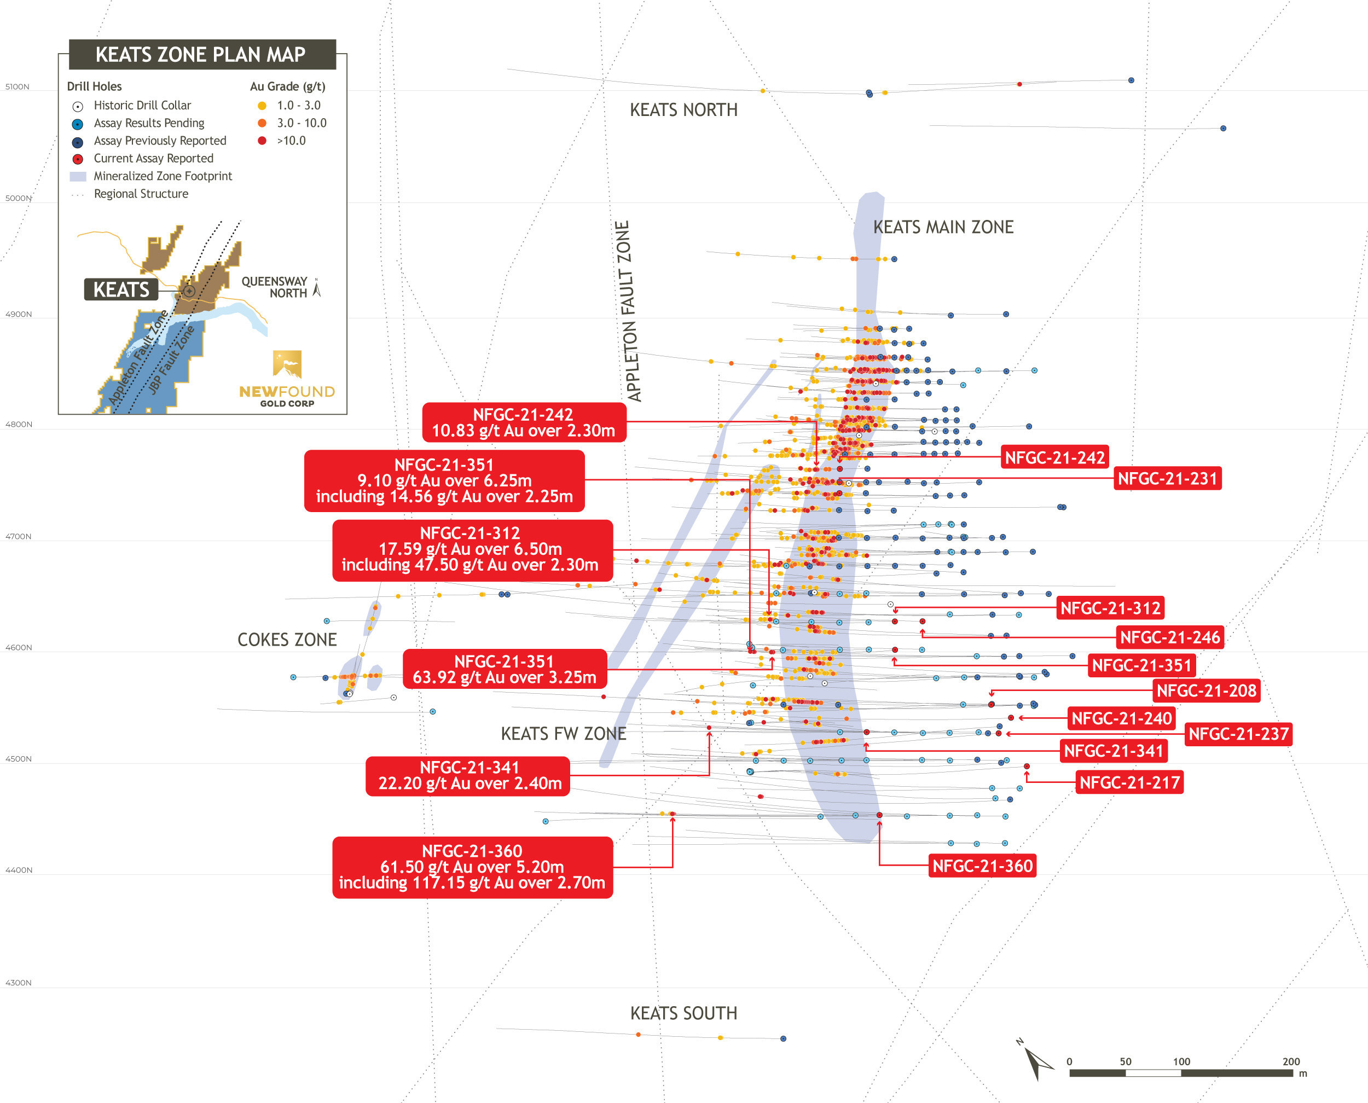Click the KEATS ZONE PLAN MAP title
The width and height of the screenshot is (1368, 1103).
pos(201,55)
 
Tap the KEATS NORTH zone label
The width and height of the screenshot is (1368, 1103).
pos(683,110)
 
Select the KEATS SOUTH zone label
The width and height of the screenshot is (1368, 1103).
pos(683,1013)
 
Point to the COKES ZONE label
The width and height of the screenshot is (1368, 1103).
pos(287,639)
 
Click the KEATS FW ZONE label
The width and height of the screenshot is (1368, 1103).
pos(563,733)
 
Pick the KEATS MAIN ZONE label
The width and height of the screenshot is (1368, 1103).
pos(943,227)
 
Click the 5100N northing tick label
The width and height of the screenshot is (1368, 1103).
pos(17,87)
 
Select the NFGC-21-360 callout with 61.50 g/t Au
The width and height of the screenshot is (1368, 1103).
pos(472,867)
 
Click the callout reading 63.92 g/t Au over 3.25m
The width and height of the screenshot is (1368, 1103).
pos(505,669)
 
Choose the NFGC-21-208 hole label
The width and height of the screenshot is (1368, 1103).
pos(1206,690)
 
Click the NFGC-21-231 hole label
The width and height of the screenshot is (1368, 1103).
pos(1167,478)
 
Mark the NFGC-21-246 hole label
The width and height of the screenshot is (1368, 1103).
pos(1170,637)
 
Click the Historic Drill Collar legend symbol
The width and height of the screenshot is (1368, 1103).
pos(78,107)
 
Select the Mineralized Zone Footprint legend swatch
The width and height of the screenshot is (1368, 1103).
pos(78,177)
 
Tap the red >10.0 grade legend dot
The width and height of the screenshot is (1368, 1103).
pos(262,141)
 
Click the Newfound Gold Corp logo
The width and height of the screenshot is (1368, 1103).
pos(287,378)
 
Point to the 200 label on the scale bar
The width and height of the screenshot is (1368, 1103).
pos(1290,1061)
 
